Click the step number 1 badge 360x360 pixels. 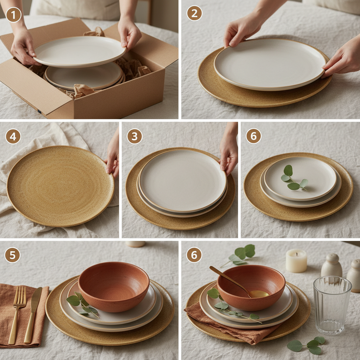14,15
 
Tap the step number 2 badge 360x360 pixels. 194,13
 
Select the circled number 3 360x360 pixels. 135,136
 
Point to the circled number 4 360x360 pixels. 13,136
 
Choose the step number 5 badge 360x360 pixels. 12,255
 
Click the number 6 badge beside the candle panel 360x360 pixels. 194,255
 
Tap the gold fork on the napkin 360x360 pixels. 18,313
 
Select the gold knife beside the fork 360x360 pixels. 33,313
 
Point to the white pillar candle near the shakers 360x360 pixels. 296,261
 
